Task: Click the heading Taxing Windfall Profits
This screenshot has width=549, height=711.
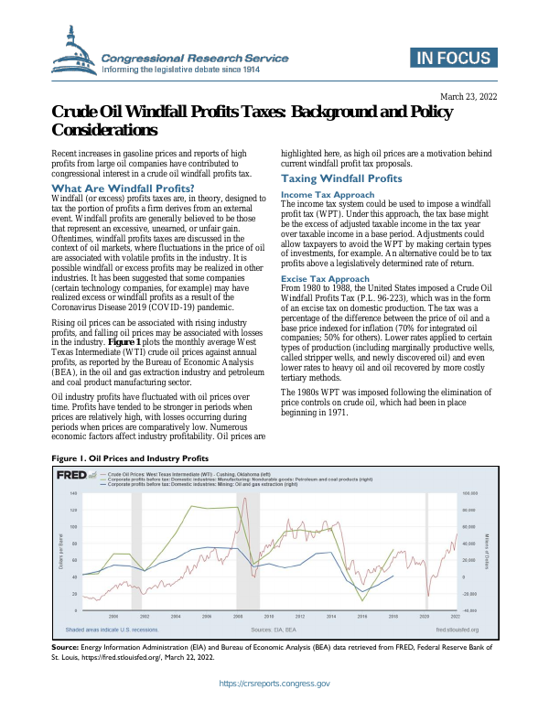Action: (x=341, y=178)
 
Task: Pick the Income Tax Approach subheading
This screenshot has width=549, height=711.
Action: (x=328, y=195)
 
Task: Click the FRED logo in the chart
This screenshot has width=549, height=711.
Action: (x=72, y=477)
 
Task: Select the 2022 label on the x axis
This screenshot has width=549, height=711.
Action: (x=455, y=618)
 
